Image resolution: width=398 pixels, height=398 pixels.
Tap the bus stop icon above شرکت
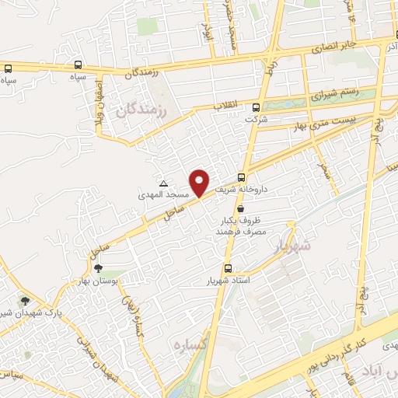(257, 107)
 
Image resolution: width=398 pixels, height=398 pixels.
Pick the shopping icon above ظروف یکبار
(240, 208)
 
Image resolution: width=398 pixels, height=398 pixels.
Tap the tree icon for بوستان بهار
(98, 268)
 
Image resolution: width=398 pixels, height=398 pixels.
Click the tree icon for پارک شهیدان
(26, 301)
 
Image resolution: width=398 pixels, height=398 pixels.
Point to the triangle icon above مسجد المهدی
(163, 183)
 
